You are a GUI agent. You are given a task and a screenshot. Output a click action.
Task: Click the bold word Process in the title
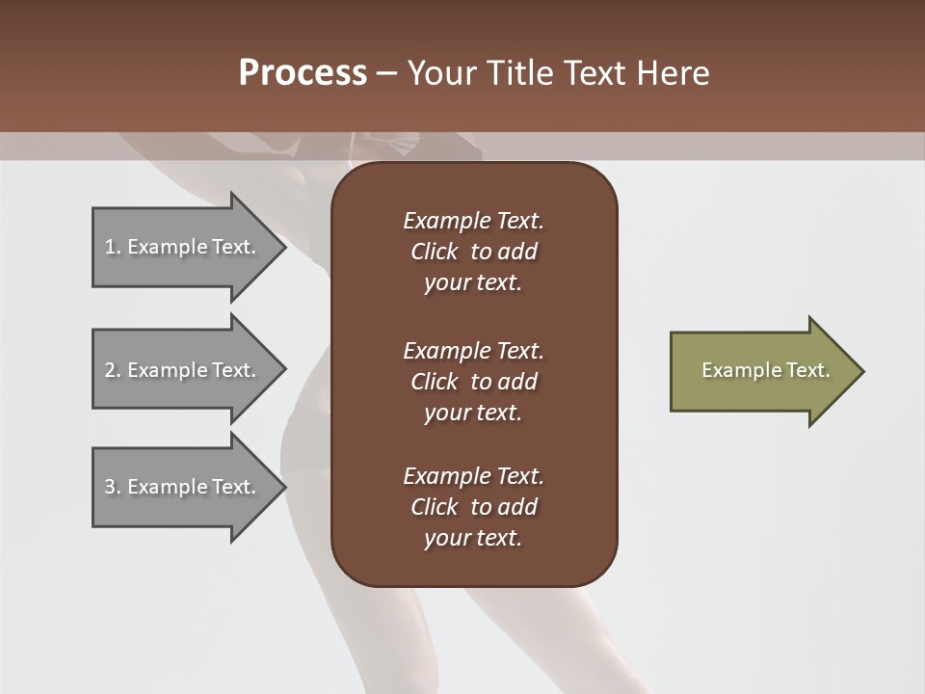[x=303, y=73]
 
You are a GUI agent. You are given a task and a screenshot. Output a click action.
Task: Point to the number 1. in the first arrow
[x=113, y=247]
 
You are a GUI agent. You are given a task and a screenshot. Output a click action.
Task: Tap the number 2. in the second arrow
[x=113, y=370]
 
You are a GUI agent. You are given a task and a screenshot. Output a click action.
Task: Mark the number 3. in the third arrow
[x=113, y=487]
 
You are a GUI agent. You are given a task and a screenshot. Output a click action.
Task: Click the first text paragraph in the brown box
[x=473, y=252]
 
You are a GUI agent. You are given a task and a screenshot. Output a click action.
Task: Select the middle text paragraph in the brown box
[x=473, y=382]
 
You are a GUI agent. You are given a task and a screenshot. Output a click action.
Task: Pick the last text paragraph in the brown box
[x=473, y=507]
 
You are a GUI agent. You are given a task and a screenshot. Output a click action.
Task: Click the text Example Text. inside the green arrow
[x=765, y=370]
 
